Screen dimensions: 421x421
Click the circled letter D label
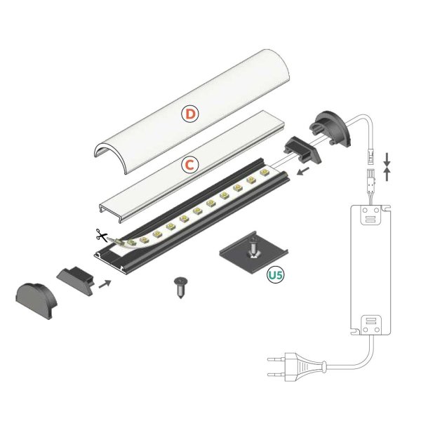[190, 113]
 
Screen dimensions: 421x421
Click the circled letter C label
[189, 165]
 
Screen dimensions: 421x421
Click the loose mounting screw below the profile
[180, 287]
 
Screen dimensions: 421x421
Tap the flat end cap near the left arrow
[75, 278]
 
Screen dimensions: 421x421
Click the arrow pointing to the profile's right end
[302, 171]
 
